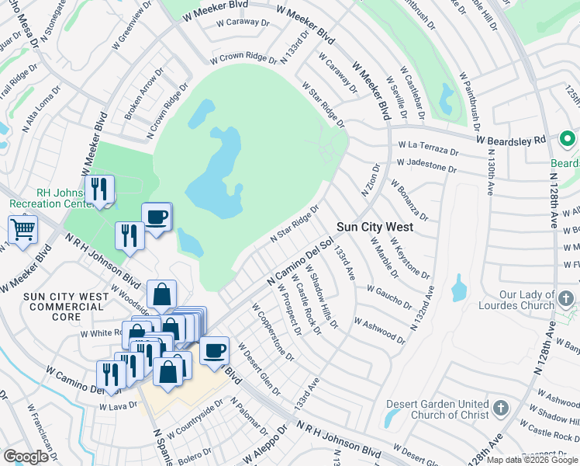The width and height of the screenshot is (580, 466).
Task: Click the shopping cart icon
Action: coord(23,230)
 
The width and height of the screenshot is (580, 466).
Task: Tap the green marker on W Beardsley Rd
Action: coord(567,140)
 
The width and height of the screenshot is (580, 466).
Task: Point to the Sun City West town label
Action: coord(375,228)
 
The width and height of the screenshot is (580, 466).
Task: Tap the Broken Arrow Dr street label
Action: coord(140,98)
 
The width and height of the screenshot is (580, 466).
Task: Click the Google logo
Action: coord(26,457)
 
